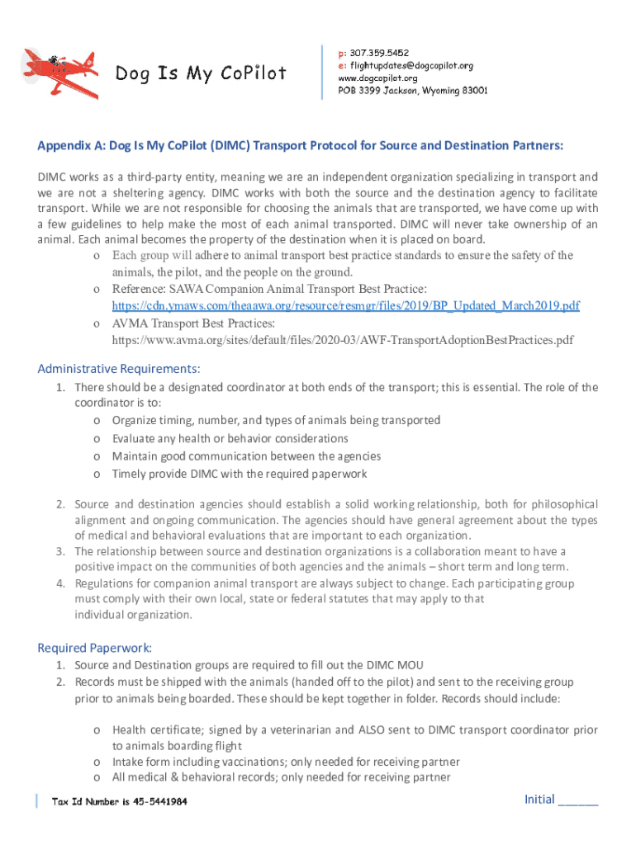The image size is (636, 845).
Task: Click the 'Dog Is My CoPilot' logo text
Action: tap(201, 73)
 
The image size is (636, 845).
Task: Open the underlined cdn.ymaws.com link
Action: tap(345, 306)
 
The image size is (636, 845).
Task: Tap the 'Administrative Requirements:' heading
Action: tap(119, 368)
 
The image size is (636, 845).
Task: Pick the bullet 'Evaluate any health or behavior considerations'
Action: tap(230, 438)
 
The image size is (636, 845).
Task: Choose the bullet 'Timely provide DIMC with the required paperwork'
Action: tap(239, 474)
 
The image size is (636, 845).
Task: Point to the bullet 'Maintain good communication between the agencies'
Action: tap(246, 456)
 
